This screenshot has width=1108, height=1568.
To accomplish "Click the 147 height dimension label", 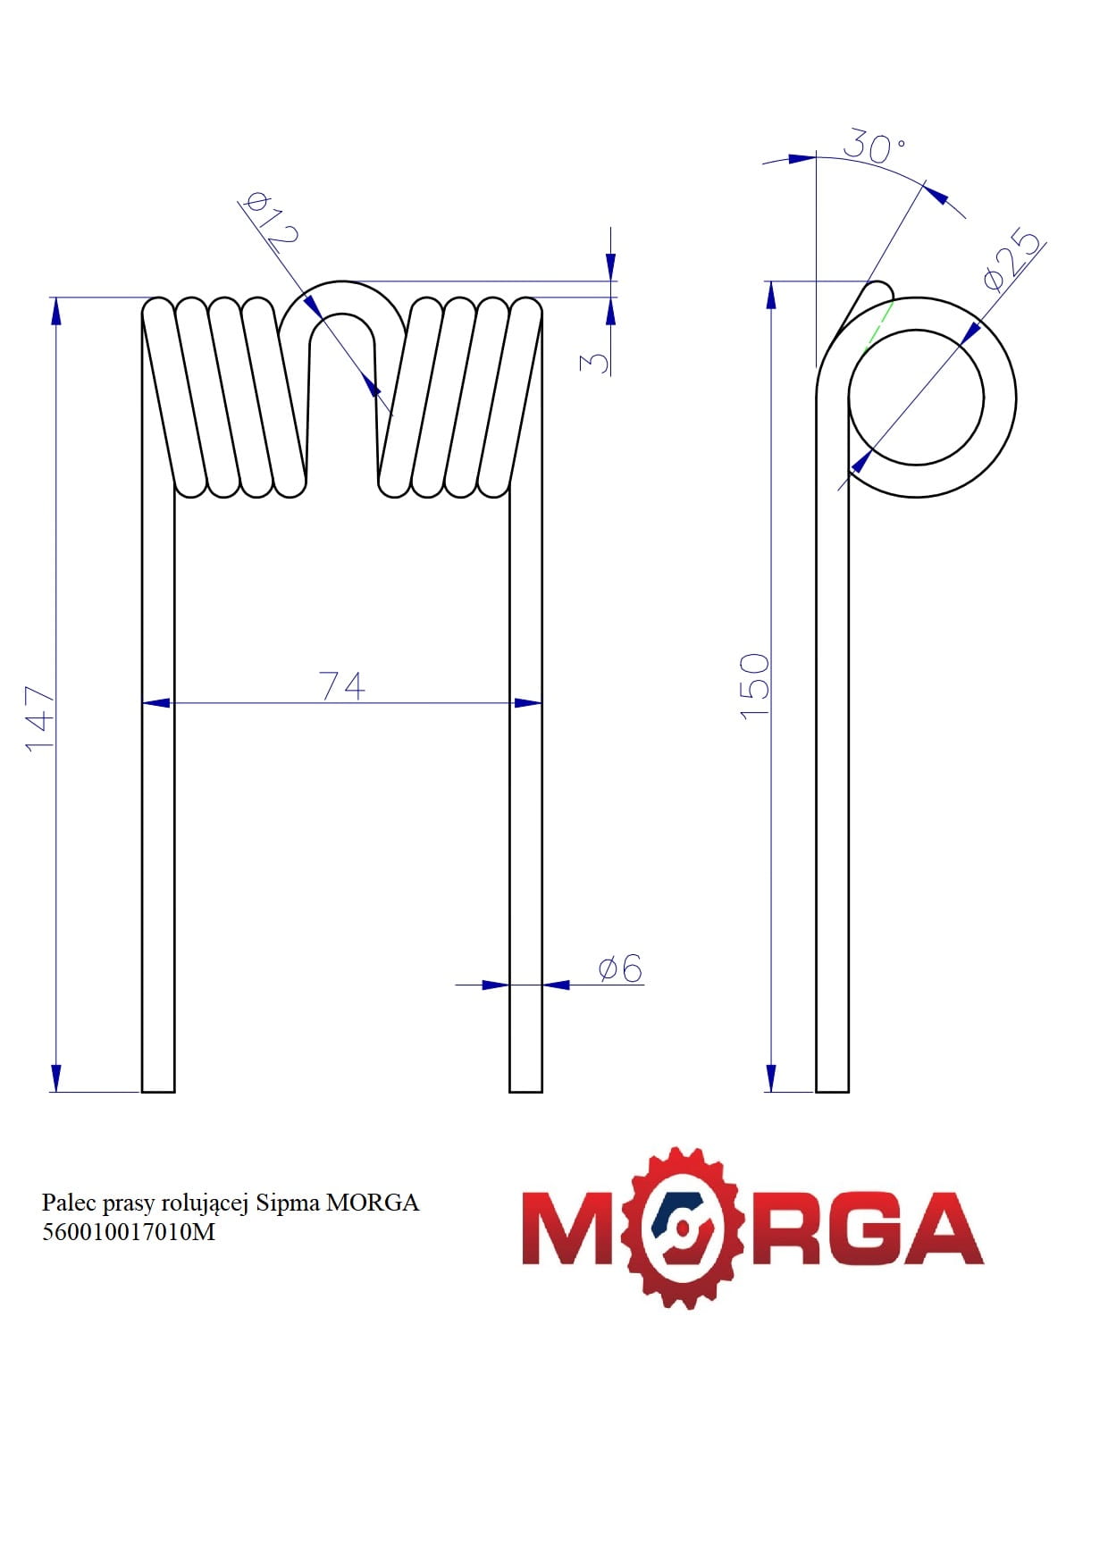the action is pyautogui.click(x=40, y=718).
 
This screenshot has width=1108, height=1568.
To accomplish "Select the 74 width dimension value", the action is pyautogui.click(x=342, y=685).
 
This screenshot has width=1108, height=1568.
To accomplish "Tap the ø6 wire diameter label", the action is pyautogui.click(x=620, y=968).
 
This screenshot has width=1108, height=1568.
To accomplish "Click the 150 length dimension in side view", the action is pyautogui.click(x=755, y=684).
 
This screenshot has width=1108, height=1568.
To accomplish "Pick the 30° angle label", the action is pyautogui.click(x=874, y=146).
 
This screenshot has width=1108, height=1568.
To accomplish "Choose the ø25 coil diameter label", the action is pyautogui.click(x=1012, y=261).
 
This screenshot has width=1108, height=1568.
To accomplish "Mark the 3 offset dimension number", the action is pyautogui.click(x=594, y=362).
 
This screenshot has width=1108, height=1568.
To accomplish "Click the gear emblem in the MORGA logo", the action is pyautogui.click(x=685, y=1228).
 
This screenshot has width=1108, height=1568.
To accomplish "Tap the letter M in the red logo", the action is pyautogui.click(x=572, y=1228).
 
